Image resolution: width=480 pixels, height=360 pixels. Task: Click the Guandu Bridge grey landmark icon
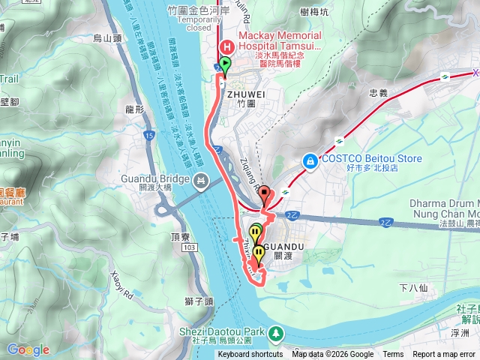point(200,180)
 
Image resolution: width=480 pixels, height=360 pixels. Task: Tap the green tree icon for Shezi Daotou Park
point(277,331)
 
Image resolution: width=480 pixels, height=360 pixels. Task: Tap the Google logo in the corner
point(28,349)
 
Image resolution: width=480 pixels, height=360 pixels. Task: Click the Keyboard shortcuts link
point(250,355)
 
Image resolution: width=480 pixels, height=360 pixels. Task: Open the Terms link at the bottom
point(393,355)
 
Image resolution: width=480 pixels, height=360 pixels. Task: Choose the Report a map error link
point(444,355)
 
